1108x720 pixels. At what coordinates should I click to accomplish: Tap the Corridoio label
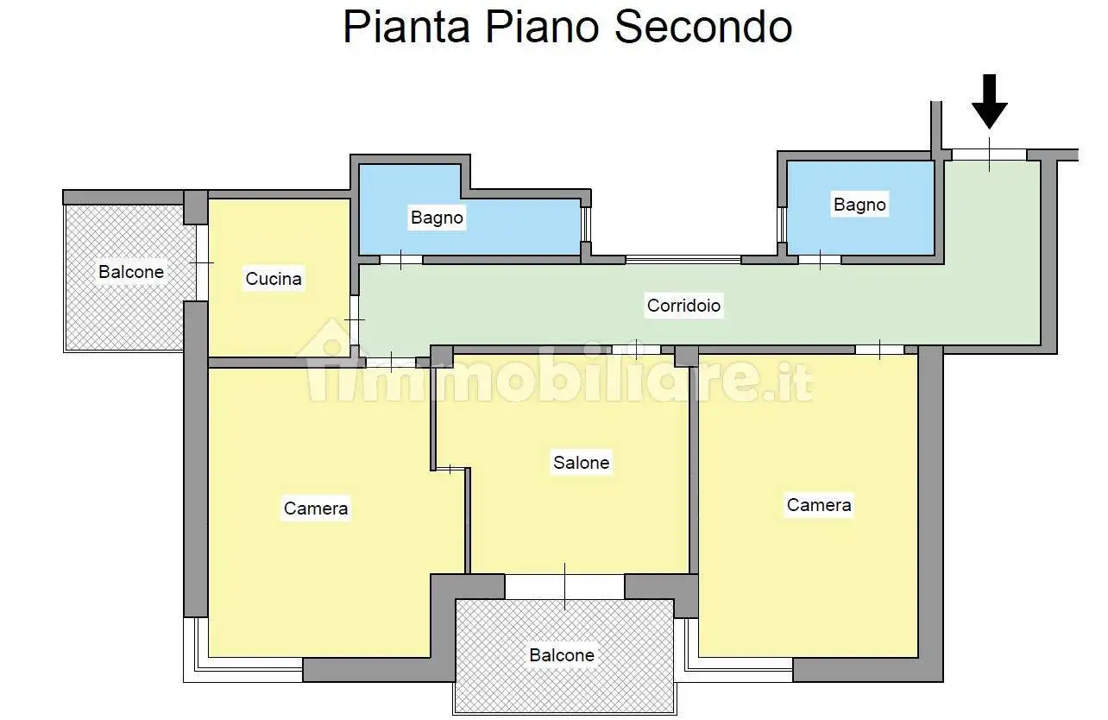click(684, 305)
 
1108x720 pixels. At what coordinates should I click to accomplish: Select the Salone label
click(581, 463)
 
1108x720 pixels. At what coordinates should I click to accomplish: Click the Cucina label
click(274, 279)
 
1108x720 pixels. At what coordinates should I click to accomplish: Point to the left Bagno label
click(437, 218)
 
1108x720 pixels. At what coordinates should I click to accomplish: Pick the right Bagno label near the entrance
click(859, 205)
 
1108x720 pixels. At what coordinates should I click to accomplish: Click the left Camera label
click(316, 508)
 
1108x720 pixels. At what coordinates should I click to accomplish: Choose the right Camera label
click(819, 505)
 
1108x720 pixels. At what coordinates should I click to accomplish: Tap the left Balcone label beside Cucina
click(131, 272)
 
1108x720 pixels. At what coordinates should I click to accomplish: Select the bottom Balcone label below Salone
click(562, 655)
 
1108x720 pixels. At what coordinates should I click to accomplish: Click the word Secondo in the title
click(703, 27)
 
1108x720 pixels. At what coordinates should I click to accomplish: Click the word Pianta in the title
click(406, 27)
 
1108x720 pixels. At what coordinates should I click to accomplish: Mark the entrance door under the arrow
click(989, 154)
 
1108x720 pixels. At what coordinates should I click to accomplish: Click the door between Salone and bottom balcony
click(564, 587)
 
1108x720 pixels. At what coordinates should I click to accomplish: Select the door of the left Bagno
click(401, 259)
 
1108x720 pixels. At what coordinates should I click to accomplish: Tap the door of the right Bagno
click(819, 259)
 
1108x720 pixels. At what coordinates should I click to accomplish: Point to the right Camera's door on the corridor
click(879, 350)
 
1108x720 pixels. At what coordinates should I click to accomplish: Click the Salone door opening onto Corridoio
click(636, 350)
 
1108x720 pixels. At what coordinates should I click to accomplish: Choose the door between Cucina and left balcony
click(202, 262)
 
